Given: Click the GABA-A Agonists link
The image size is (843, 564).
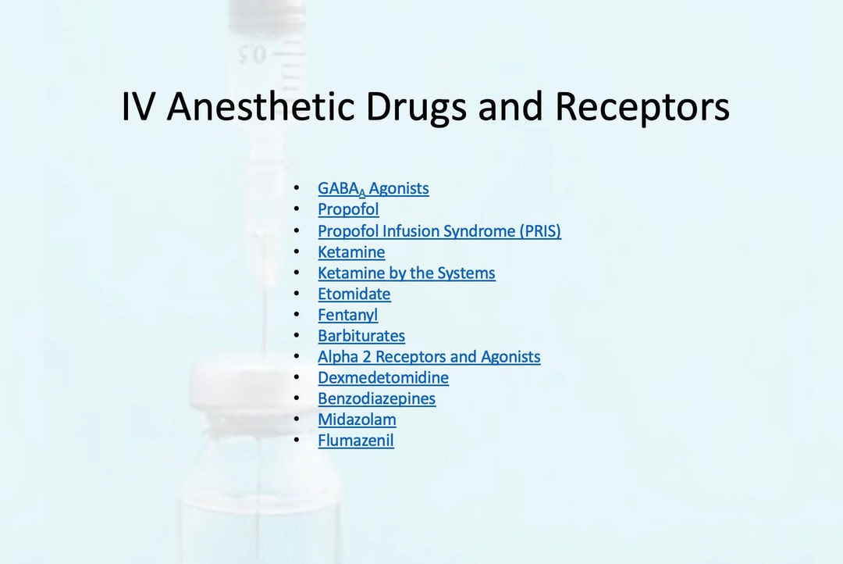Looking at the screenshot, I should (x=373, y=188).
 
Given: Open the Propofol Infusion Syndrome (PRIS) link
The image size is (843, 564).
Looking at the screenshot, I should (x=439, y=231).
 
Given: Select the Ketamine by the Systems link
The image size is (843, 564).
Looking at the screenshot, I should (x=406, y=273).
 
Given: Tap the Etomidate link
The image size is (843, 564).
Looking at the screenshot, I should (x=354, y=294).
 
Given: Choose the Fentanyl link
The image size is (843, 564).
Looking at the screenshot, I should (x=347, y=316).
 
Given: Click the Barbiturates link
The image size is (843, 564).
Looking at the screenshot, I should (x=361, y=336).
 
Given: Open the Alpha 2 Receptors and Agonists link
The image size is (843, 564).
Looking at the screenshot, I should (x=429, y=357).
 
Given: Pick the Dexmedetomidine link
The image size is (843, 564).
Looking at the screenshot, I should (x=382, y=378).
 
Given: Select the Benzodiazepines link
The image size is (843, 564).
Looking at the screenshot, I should (x=376, y=399).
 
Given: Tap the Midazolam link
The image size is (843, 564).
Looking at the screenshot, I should (x=357, y=419).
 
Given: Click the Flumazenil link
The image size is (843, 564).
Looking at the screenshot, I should (x=355, y=441).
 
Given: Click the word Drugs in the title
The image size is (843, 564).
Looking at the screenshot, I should (x=428, y=107).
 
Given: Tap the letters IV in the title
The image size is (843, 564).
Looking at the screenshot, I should (x=138, y=107).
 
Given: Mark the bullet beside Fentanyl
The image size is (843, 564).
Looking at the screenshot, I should (x=296, y=316).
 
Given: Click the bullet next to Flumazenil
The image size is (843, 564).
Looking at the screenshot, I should (x=296, y=441).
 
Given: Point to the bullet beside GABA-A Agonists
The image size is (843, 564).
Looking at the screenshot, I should (x=296, y=188).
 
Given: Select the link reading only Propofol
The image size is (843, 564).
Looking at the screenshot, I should (x=348, y=209).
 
